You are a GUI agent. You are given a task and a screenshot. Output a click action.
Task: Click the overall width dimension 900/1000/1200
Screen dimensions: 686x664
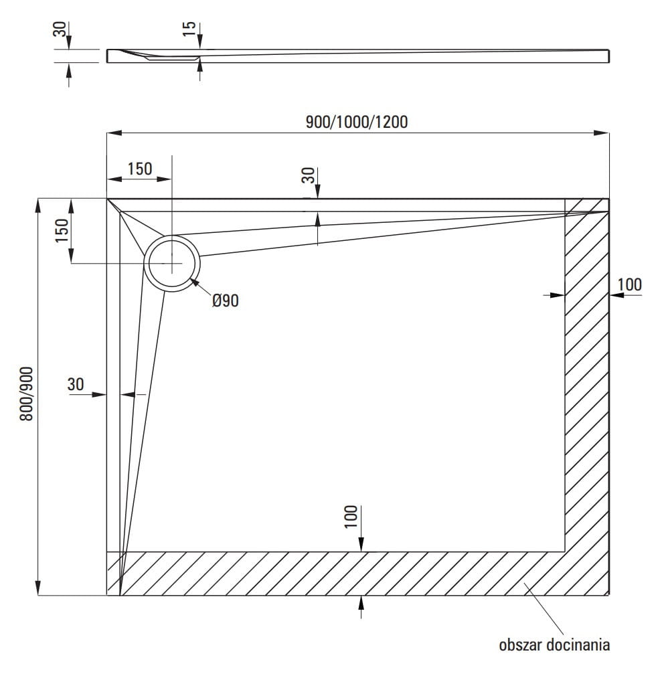(356, 122)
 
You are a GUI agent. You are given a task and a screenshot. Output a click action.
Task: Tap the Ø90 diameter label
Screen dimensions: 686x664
(225, 301)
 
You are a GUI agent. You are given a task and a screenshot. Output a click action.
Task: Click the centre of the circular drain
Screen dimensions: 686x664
(172, 264)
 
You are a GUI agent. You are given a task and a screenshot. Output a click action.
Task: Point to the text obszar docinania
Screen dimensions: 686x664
(554, 645)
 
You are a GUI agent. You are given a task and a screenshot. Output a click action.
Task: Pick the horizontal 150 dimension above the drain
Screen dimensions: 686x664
(139, 169)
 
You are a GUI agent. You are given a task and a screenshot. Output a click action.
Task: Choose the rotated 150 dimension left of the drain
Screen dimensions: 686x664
(62, 231)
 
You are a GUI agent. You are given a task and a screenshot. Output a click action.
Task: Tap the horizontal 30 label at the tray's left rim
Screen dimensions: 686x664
(76, 384)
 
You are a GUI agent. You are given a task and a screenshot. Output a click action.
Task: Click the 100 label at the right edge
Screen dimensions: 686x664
(629, 284)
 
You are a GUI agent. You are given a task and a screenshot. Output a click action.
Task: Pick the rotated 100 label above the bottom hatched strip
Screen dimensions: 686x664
(352, 517)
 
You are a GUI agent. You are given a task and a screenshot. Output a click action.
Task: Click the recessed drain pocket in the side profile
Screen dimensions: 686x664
(172, 59)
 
